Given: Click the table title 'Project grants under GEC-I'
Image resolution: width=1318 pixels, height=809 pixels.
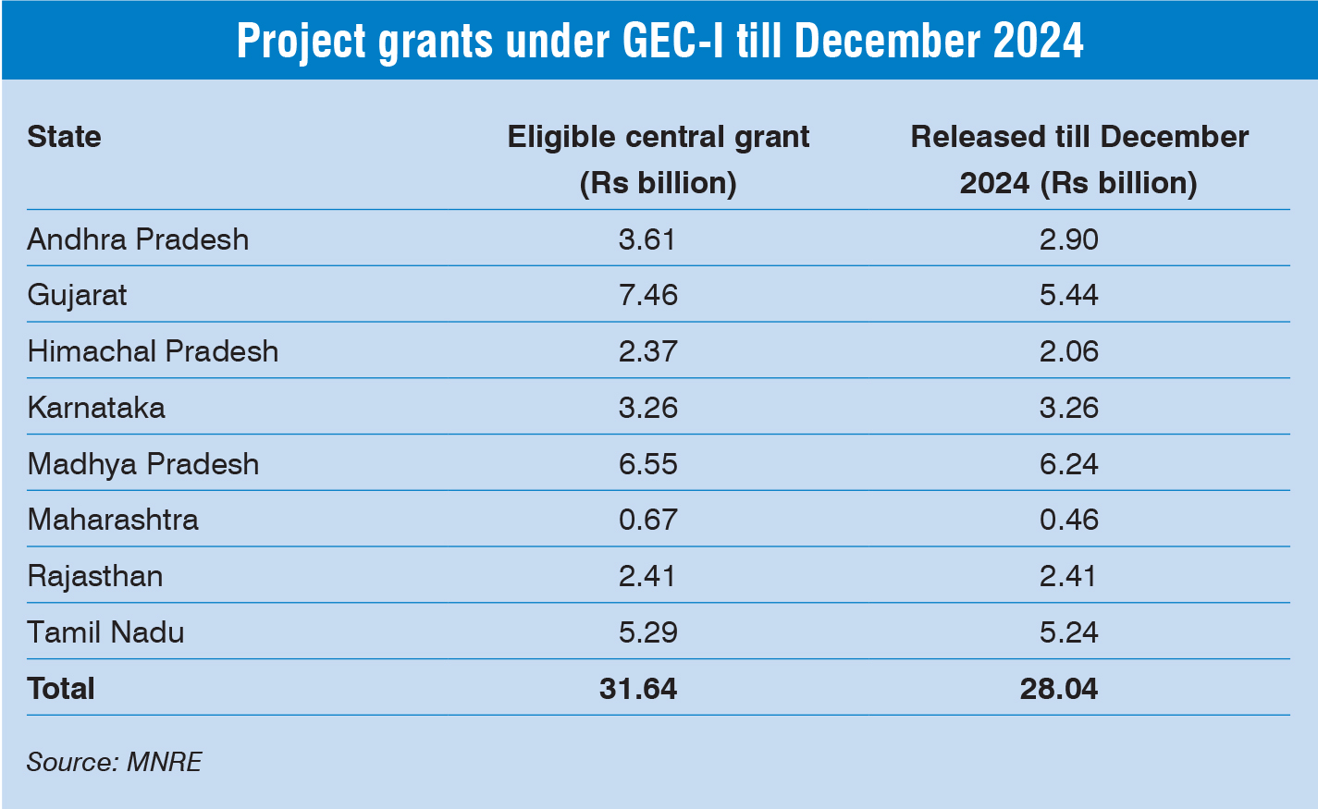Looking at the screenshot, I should pos(659,42).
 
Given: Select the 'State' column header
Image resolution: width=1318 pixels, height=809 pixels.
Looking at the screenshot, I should pos(64,137).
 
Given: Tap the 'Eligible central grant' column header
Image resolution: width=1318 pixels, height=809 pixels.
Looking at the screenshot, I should pos(658,159).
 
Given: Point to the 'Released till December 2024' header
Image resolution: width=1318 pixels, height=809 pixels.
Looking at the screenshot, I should pos(1078,159).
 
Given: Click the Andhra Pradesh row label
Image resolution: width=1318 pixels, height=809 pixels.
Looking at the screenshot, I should pos(138,239).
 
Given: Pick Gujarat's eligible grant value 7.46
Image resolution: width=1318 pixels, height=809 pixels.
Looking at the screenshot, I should pos(647,295).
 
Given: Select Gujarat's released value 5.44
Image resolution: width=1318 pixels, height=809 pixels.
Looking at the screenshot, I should pos(1068,295).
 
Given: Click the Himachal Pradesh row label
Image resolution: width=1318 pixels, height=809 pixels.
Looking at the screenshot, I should pos(153,351).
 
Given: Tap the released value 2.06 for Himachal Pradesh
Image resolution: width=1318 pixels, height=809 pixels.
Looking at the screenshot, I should pos(1068,351).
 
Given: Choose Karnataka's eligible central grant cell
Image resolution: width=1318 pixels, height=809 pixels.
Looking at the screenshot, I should pos(647,408).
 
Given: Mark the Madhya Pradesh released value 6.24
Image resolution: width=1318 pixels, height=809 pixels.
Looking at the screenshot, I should pos(1068,464).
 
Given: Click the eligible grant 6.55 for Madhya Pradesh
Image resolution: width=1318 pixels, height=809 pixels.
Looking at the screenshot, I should pos(647,464).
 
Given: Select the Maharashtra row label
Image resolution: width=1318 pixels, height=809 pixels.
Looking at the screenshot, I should pos(113,520).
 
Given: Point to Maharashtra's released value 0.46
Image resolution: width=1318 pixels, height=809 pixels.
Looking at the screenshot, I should pos(1068,520).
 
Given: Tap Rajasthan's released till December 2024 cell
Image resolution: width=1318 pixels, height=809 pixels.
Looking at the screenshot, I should pos(1068,576).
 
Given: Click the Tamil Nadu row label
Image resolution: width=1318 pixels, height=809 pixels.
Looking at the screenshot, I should pos(105,632).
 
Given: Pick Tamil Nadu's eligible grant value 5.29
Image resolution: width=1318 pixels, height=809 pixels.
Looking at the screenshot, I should pos(647,632).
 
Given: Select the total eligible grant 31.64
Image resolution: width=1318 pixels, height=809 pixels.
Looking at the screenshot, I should pos(638,689).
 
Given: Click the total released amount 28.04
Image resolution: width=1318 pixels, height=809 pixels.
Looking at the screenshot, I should pos(1059,689).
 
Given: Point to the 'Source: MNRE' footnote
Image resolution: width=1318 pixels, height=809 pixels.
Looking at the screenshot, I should pos(114,762).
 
